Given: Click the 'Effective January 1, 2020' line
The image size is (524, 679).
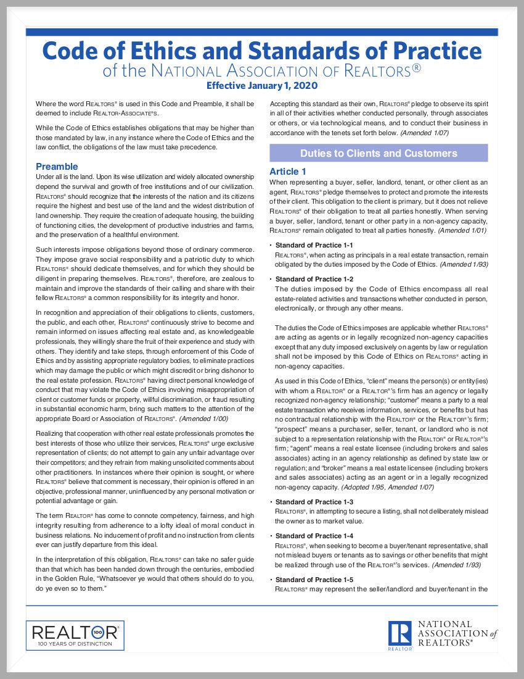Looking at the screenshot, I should (x=262, y=86).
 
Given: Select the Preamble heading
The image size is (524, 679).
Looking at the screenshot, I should (x=57, y=167).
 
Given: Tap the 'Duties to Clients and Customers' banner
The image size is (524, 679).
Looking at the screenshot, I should (x=379, y=153).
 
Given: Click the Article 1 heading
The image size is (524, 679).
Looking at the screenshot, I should (x=288, y=172).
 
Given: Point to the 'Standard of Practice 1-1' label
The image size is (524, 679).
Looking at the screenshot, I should (x=314, y=245).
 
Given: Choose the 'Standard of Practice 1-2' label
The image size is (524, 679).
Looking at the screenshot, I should (x=314, y=279).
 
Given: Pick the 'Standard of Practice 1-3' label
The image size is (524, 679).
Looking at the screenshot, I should (x=314, y=502).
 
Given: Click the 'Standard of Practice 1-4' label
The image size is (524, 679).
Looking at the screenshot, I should (x=314, y=536).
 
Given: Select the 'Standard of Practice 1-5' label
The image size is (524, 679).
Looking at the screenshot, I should (x=314, y=580).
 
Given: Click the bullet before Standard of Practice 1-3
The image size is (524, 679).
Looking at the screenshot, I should (x=271, y=502).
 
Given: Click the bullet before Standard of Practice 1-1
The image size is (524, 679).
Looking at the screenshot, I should (x=271, y=246).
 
